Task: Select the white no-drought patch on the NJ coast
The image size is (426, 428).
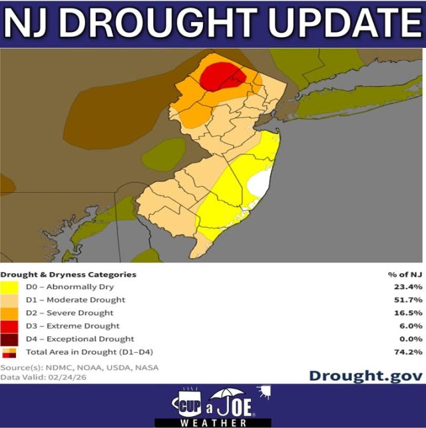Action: tap(260, 182)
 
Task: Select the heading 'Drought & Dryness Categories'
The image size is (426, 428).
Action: tap(68, 274)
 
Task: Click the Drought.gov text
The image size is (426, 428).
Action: tap(365, 375)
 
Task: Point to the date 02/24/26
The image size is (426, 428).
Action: tap(65, 376)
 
